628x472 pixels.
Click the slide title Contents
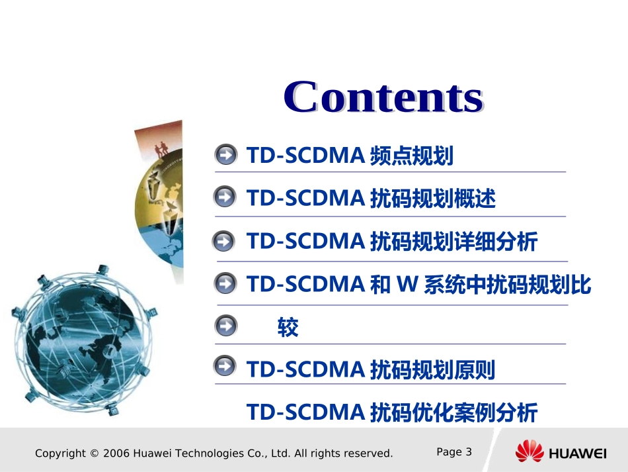383,97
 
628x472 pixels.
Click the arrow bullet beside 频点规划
225,156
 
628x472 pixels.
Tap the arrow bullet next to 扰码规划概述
225,197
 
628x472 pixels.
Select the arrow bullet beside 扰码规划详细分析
224,241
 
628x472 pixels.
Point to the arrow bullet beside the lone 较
225,326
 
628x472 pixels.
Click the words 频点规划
411,156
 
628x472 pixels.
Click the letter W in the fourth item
404,285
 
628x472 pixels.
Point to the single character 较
288,327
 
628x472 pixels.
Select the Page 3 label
454,451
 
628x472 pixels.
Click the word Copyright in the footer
59,453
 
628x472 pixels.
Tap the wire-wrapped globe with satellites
83,334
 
